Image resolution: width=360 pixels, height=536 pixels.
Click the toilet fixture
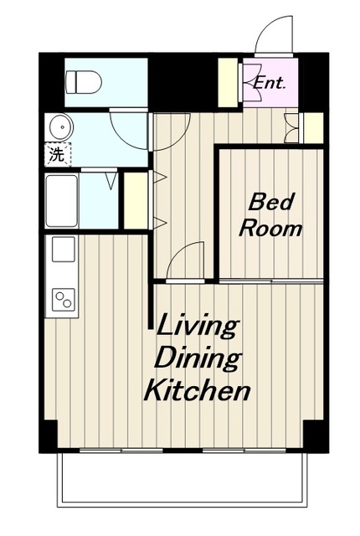click(x=84, y=82)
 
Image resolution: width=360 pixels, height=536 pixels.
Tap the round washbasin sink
click(x=61, y=127)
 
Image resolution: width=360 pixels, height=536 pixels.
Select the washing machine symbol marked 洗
click(x=58, y=154)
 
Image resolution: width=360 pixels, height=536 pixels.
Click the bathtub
click(x=61, y=201)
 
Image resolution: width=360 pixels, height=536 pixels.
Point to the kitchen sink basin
click(x=64, y=250)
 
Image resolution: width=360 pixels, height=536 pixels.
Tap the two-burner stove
click(x=64, y=300)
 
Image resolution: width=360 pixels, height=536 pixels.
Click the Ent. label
click(x=270, y=83)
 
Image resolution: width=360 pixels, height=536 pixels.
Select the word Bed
click(x=271, y=202)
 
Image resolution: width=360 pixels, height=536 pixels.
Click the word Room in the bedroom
click(x=270, y=228)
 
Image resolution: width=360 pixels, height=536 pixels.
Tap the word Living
click(x=197, y=326)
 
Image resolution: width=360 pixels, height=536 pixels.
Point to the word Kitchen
click(x=198, y=390)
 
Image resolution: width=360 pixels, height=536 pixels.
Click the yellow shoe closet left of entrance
click(x=228, y=82)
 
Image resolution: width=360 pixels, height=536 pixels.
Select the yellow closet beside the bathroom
click(x=136, y=201)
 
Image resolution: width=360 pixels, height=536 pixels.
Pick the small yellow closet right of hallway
click(x=313, y=128)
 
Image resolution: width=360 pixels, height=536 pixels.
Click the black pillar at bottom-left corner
click(x=49, y=436)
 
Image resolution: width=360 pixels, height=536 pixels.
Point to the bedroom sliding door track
click(x=271, y=281)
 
